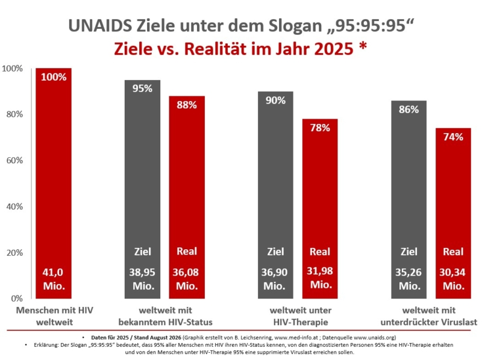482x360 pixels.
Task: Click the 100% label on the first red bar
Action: point(54,77)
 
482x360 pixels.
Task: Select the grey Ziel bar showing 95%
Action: point(142,189)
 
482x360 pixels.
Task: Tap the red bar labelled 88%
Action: point(187,197)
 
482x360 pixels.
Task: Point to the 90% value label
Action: point(275,100)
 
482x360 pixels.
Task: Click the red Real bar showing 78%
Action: point(320,208)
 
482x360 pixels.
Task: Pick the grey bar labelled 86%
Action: point(409,199)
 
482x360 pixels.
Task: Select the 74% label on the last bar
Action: point(453,137)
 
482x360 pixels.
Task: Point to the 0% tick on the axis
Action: point(17,298)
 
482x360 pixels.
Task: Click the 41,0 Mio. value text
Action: point(54,279)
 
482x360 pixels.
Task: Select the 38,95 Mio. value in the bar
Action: point(142,279)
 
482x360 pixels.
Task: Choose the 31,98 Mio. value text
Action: point(320,278)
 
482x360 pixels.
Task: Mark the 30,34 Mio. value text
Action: point(453,279)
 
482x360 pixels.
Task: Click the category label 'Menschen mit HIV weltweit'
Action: point(54,316)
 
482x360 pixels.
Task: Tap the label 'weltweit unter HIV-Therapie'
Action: point(301,316)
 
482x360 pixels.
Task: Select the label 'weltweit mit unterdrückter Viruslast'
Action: point(429,316)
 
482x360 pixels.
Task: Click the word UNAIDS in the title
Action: point(100,25)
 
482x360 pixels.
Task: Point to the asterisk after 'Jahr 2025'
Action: point(363,46)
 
